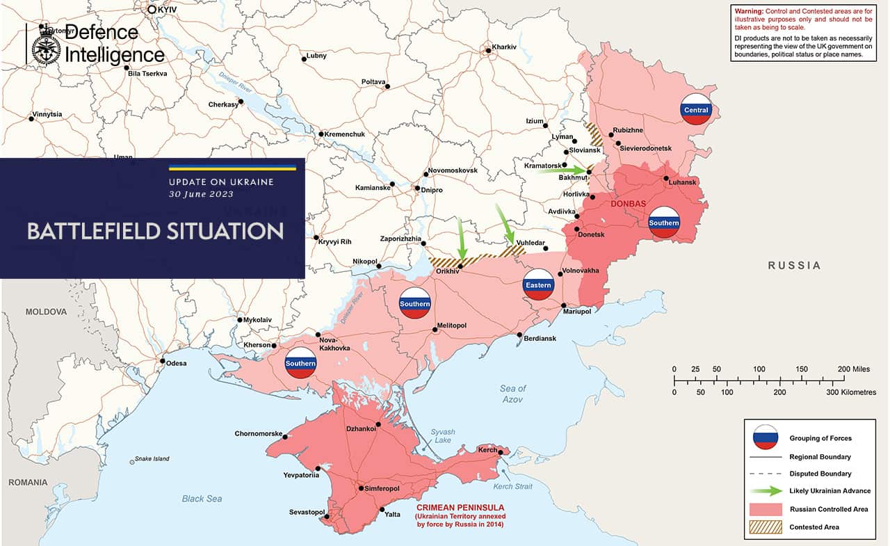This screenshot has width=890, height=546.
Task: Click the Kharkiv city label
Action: [504, 47]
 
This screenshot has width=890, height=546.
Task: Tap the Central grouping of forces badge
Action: [696, 109]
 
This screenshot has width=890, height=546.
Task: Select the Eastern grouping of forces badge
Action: [538, 284]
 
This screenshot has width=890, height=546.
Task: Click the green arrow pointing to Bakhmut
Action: [563, 170]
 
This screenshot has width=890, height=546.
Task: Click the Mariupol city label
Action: [576, 312]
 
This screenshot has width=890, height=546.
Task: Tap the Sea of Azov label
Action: [512, 394]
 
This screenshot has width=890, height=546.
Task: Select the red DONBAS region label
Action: [629, 204]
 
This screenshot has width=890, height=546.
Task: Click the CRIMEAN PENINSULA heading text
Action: [460, 508]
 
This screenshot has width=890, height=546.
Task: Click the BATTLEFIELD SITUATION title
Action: [155, 232]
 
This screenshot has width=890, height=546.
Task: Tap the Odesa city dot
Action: [163, 362]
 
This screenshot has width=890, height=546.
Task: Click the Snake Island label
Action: [152, 459]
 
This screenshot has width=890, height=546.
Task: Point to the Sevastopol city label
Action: [307, 513]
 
